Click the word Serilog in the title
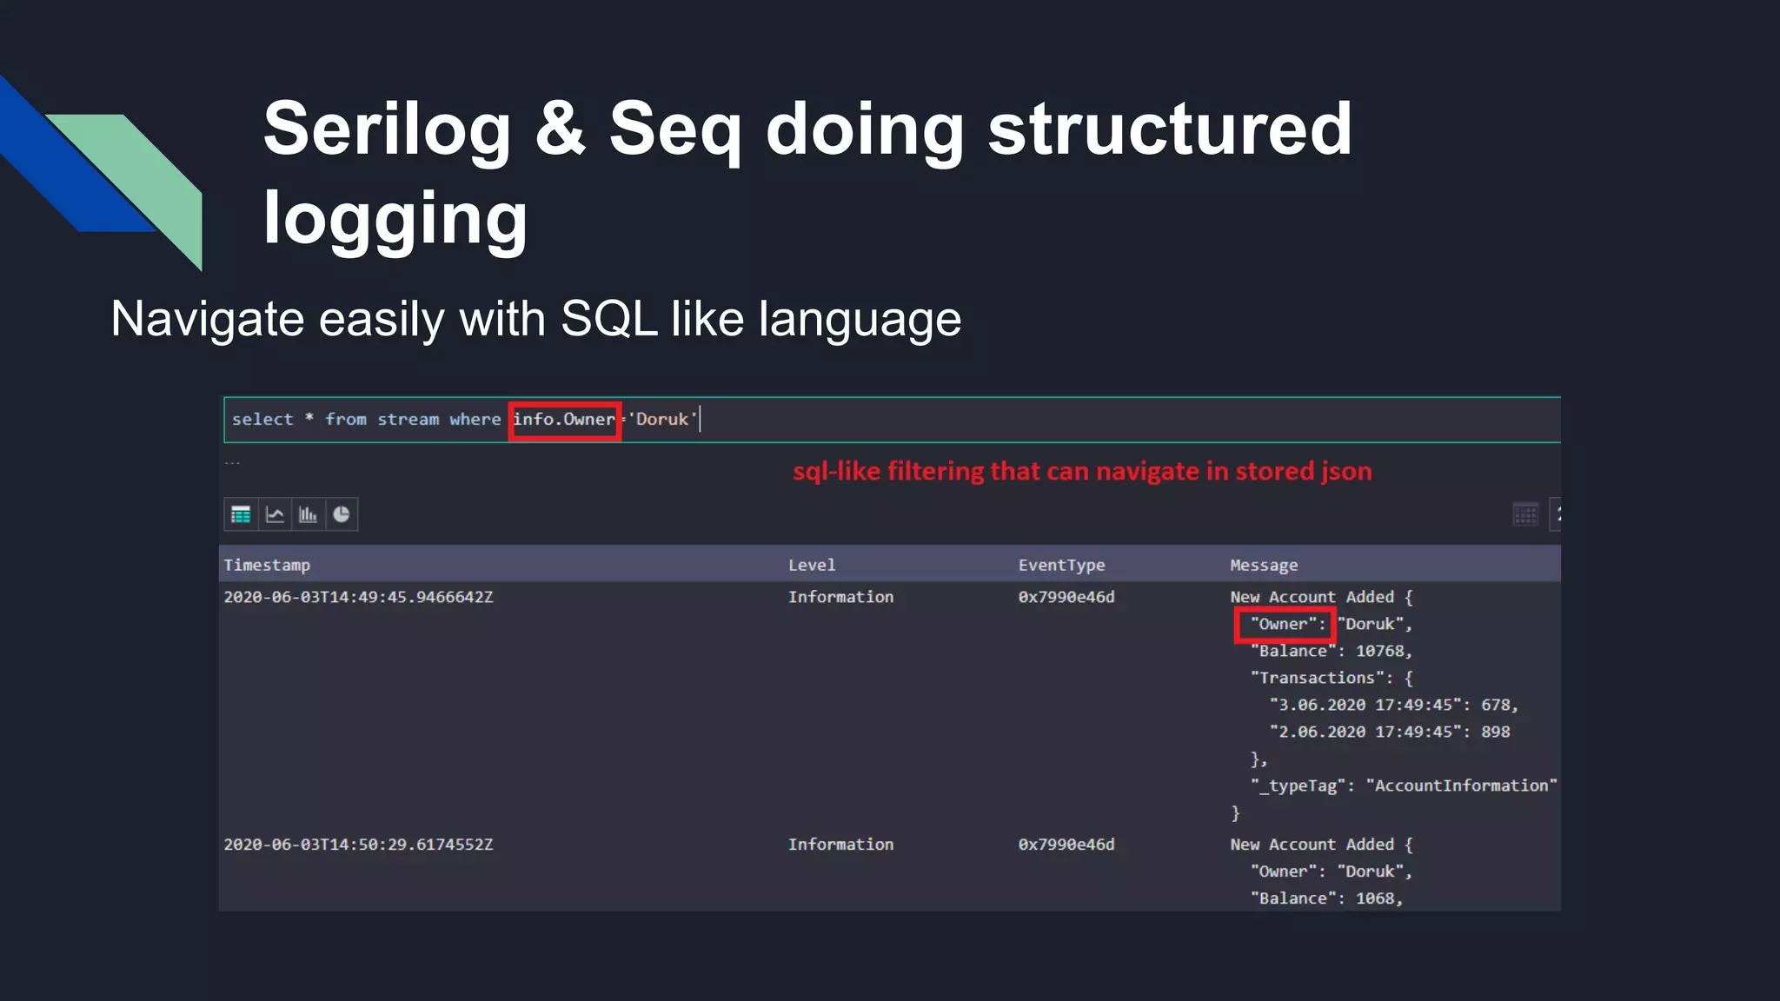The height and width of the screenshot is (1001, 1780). click(x=387, y=130)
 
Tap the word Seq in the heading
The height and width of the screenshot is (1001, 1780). click(x=675, y=130)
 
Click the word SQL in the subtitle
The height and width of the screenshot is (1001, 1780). click(x=608, y=319)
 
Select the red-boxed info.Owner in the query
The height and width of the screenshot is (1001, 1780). click(x=564, y=420)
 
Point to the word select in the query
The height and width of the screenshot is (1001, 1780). click(x=262, y=420)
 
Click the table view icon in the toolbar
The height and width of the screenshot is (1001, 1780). click(x=241, y=514)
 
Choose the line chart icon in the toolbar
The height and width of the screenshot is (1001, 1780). click(x=275, y=514)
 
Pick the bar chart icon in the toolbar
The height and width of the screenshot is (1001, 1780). click(x=308, y=514)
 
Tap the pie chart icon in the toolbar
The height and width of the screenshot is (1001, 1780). click(x=342, y=514)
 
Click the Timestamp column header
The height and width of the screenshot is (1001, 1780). click(x=267, y=565)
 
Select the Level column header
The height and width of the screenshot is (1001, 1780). click(x=812, y=565)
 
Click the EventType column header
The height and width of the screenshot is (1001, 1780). click(x=1061, y=565)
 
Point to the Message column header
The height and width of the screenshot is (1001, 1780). click(x=1264, y=566)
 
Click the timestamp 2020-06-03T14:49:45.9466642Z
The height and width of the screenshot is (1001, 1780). click(x=358, y=597)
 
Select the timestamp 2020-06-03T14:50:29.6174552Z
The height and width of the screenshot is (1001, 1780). click(x=358, y=845)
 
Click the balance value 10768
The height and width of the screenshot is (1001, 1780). click(x=1379, y=651)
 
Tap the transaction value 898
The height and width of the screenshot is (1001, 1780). click(x=1495, y=732)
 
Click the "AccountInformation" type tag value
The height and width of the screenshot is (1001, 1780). click(x=1461, y=786)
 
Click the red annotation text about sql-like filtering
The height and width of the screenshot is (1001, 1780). click(x=1082, y=471)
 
